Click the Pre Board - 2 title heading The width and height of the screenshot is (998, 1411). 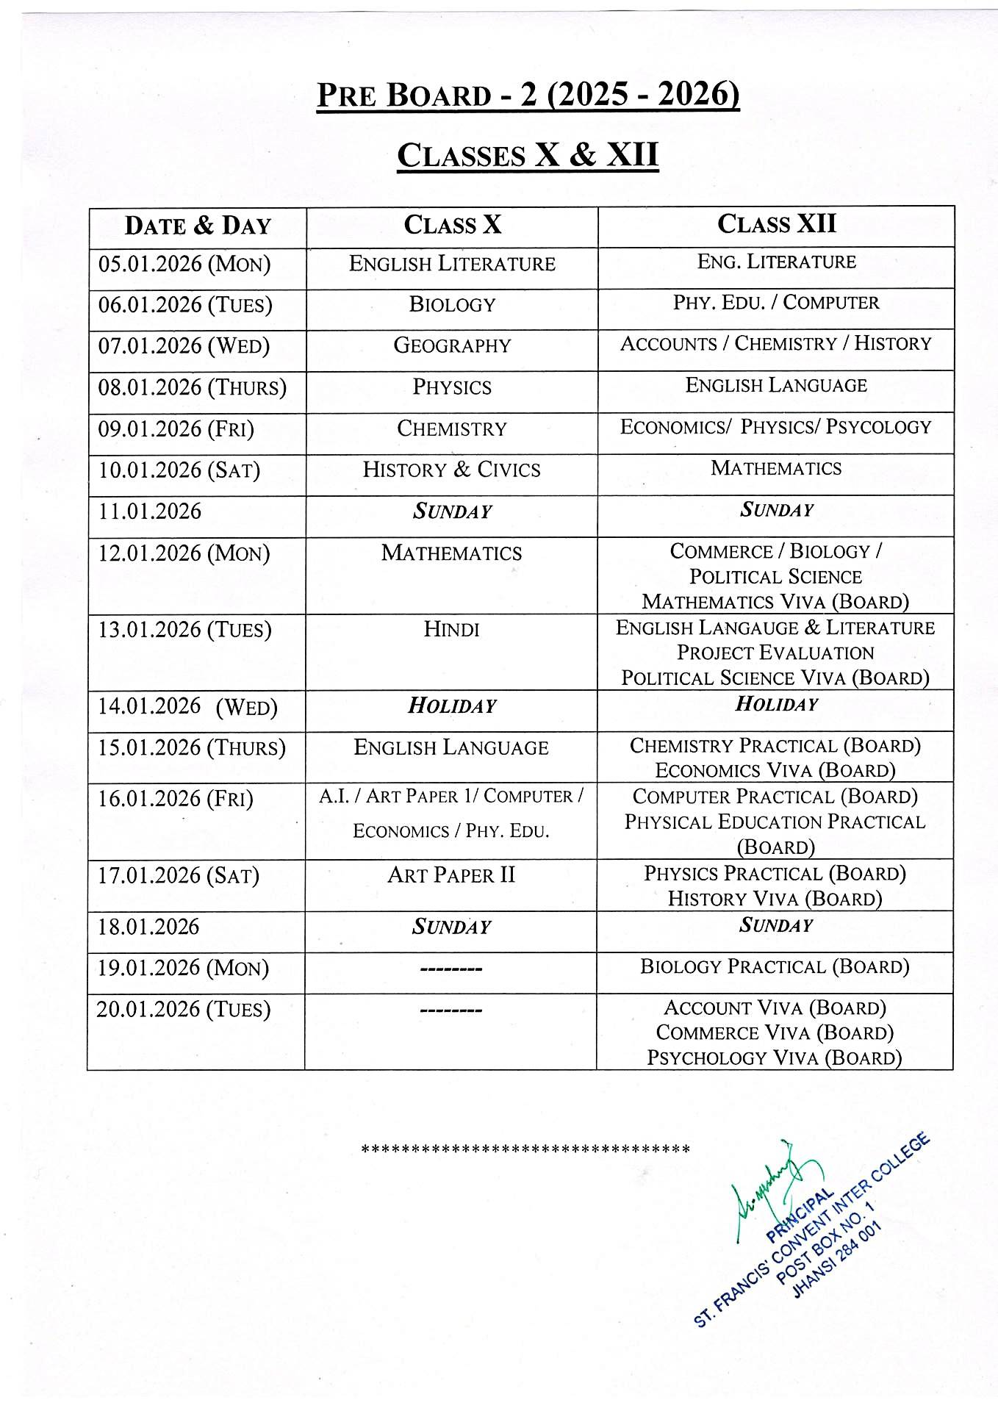pyautogui.click(x=528, y=96)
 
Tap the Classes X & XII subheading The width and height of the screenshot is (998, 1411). pyautogui.click(x=528, y=155)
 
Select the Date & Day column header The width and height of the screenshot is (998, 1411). pyautogui.click(x=198, y=226)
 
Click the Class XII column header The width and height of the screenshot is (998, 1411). pyautogui.click(x=776, y=224)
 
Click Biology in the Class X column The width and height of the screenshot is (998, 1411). pyautogui.click(x=452, y=304)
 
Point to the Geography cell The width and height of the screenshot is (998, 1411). pyautogui.click(x=452, y=345)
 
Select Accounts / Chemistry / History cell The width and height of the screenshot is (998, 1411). pyautogui.click(x=775, y=343)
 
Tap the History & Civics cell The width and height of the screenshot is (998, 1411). pyautogui.click(x=452, y=470)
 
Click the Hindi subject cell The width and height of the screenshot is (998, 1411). pyautogui.click(x=452, y=629)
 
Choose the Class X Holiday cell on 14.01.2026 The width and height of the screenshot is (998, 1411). pyautogui.click(x=452, y=706)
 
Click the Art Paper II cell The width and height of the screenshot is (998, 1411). pyautogui.click(x=452, y=875)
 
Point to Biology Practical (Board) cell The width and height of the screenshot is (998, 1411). pyautogui.click(x=775, y=966)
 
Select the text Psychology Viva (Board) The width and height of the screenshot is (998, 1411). pyautogui.click(x=775, y=1058)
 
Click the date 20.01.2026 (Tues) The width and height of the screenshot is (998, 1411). pyautogui.click(x=184, y=1009)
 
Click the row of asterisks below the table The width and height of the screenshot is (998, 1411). pyautogui.click(x=526, y=1148)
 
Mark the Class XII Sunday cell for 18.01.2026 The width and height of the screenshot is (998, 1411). pyautogui.click(x=776, y=925)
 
